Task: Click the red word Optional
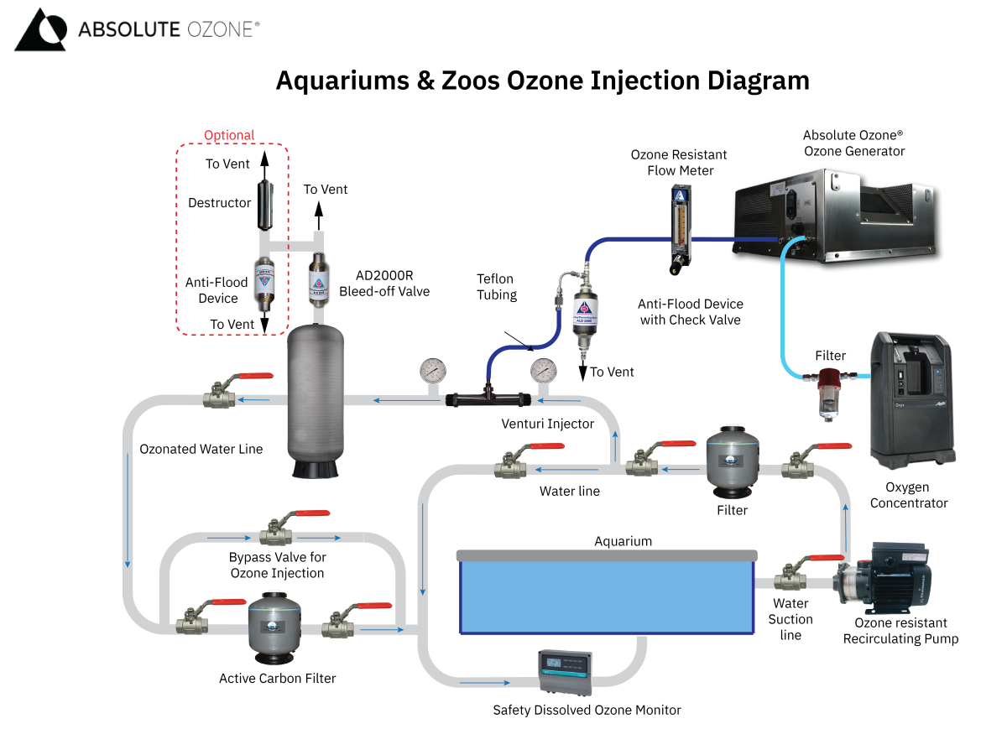click(229, 135)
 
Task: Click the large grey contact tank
click(316, 403)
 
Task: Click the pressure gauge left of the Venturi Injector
click(433, 370)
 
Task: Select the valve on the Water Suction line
click(790, 576)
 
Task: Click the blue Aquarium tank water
click(606, 596)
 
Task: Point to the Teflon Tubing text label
click(495, 286)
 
